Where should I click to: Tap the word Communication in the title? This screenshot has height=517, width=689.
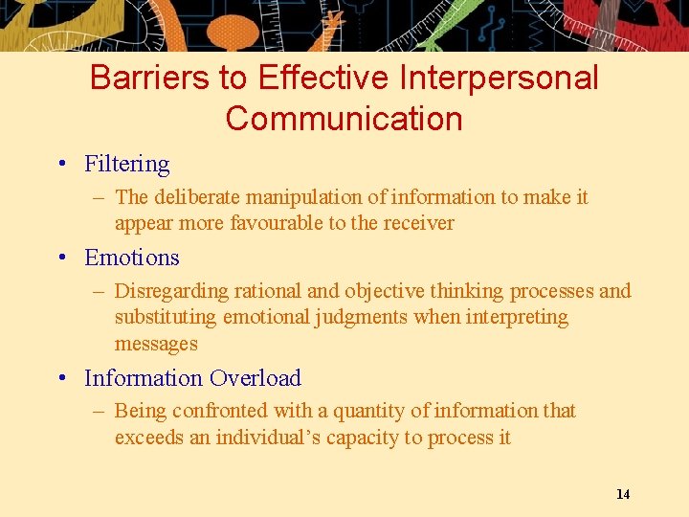coord(344,119)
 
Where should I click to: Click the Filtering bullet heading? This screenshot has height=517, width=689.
coord(127,165)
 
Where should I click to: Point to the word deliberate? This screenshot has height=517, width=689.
coord(195,197)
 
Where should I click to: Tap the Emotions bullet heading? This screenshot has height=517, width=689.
coord(132,258)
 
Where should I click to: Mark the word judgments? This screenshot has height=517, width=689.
coord(364,317)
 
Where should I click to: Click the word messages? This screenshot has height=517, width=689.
coord(156,344)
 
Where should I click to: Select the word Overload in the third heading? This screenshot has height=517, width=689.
coord(256,378)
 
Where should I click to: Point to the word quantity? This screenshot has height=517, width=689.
coord(368,412)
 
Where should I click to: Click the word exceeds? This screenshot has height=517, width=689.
coord(146,438)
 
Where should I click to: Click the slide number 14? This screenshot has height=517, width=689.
coord(623,494)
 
